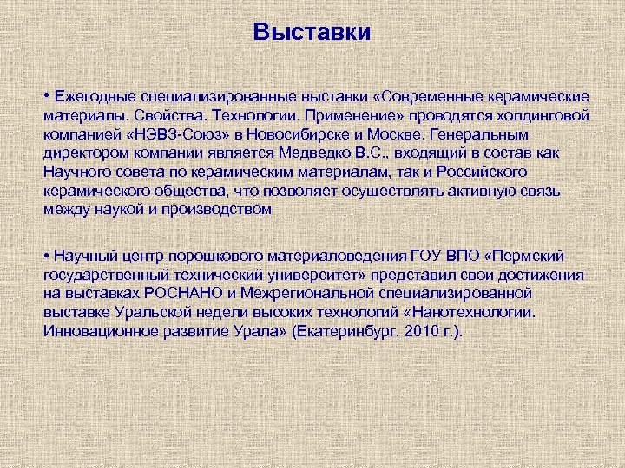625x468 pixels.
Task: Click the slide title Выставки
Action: click(312, 33)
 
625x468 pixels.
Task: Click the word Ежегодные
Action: click(93, 95)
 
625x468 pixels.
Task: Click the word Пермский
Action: click(530, 256)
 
